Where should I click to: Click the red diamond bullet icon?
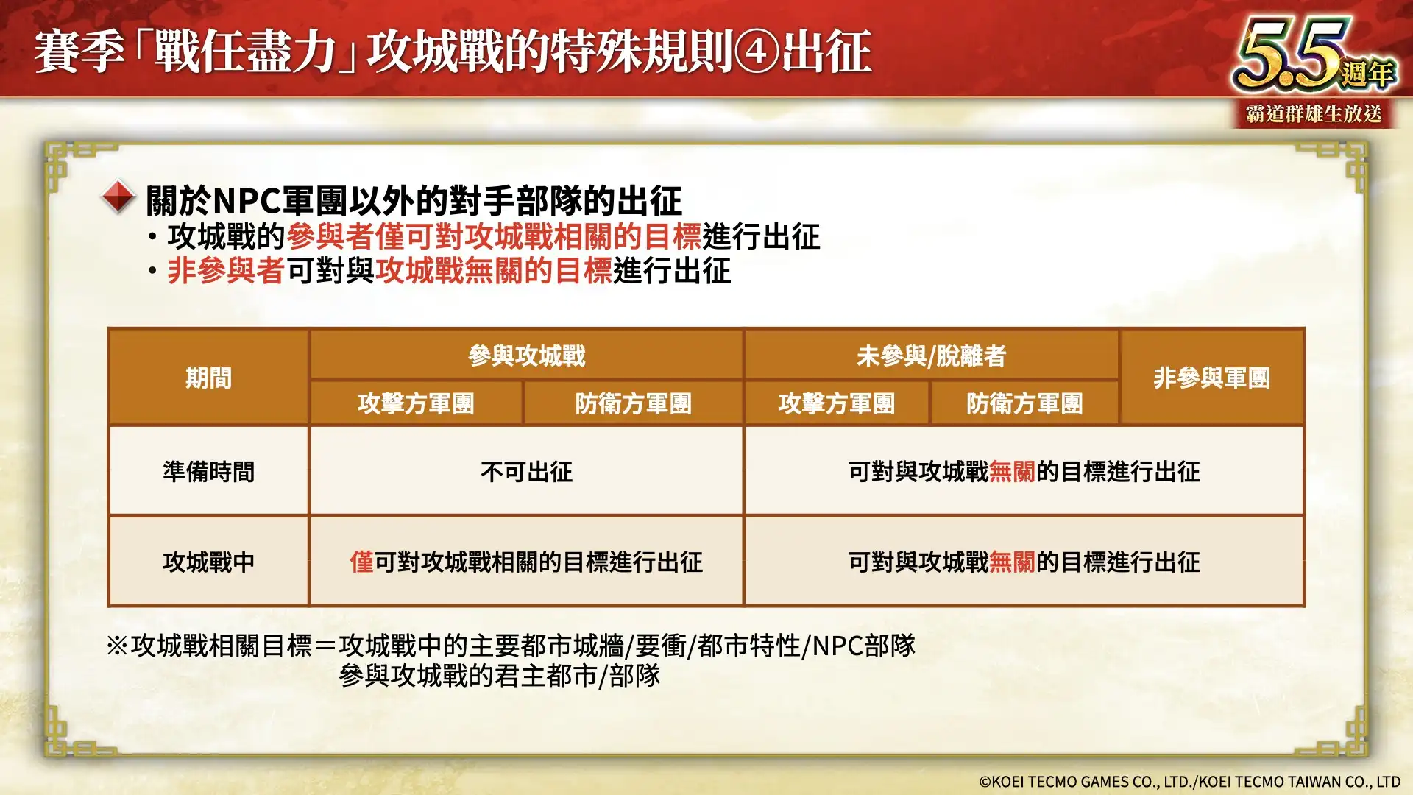pos(118,197)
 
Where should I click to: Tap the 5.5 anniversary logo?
pos(1314,55)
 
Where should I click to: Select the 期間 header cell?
pos(208,378)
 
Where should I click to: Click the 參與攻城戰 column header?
pos(527,356)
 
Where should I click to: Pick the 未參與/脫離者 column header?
pos(931,356)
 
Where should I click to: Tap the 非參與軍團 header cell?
pos(1211,378)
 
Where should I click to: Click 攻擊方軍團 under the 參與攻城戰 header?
pos(416,403)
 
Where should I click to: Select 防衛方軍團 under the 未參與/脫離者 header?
pos(1024,403)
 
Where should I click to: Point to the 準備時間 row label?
pos(208,471)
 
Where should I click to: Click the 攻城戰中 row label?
pos(208,562)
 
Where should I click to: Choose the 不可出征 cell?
pos(527,471)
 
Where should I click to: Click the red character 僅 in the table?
pos(362,562)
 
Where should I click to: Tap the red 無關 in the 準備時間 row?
pos(1013,471)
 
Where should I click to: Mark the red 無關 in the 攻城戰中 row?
pos(1013,562)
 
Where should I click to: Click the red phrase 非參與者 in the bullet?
pos(226,271)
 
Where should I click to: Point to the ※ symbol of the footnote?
pos(118,646)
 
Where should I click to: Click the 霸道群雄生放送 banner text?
pos(1314,114)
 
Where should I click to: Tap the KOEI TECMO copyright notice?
pos(1189,782)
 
